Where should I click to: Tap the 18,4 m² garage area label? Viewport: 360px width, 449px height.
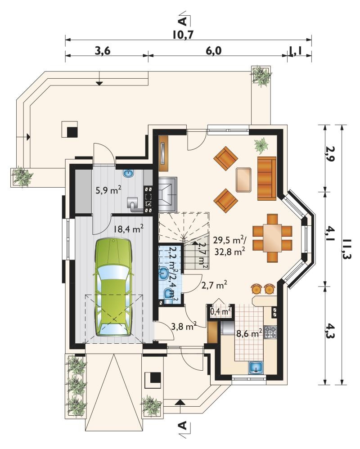[x=128, y=229]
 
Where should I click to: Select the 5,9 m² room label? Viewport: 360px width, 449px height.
[x=108, y=190]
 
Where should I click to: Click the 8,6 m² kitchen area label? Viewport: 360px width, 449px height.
[x=249, y=333]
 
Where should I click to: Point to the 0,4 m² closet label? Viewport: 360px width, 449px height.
[x=220, y=311]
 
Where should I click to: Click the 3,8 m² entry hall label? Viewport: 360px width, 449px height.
[x=184, y=326]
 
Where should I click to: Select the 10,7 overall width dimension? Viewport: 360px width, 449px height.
[x=184, y=35]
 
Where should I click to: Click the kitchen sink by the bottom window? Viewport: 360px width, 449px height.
[x=256, y=368]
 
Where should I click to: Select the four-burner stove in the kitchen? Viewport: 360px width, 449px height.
[x=270, y=332]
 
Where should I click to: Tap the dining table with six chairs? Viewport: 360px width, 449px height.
[x=272, y=238]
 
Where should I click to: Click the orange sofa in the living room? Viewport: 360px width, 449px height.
[x=267, y=179]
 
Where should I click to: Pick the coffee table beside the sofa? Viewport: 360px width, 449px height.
[x=244, y=180]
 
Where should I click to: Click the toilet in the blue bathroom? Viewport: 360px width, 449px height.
[x=169, y=293]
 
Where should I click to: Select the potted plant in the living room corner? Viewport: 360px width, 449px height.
[x=261, y=144]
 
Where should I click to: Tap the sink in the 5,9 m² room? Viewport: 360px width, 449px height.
[x=129, y=173]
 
